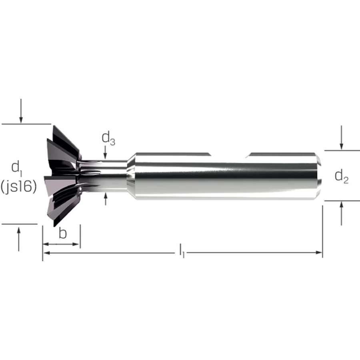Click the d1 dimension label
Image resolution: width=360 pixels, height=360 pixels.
pyautogui.click(x=17, y=169)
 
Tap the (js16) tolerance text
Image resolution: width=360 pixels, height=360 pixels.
pyautogui.click(x=18, y=186)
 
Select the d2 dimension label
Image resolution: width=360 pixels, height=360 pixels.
pyautogui.click(x=342, y=177)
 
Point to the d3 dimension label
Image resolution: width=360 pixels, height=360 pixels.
pyautogui.click(x=108, y=139)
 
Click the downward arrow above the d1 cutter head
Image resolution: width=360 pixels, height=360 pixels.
pyautogui.click(x=21, y=111)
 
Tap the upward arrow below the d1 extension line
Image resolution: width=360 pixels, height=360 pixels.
pyautogui.click(x=19, y=239)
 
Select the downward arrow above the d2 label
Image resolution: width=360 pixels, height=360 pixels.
pyautogui.click(x=342, y=138)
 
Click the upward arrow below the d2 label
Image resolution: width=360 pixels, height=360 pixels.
pyautogui.click(x=342, y=213)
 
